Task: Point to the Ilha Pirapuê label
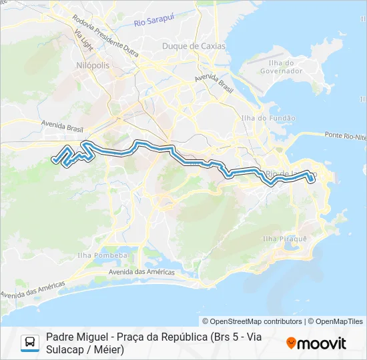[x=284, y=238]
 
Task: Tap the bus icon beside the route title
[x=30, y=343]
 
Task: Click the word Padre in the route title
[x=59, y=337]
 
